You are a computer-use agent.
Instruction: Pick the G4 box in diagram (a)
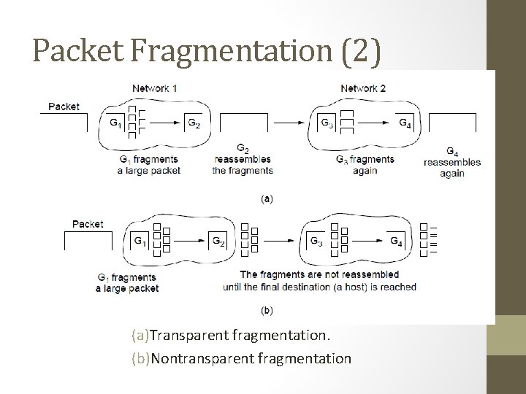tap(405, 123)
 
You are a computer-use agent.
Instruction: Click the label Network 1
tap(154, 88)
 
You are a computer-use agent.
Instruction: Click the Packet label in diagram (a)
tap(64, 107)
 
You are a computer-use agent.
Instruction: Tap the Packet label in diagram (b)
tap(88, 224)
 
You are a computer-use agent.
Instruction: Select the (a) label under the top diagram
tap(267, 198)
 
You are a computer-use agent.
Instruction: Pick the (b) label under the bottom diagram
tap(267, 310)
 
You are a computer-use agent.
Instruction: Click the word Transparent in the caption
tap(188, 336)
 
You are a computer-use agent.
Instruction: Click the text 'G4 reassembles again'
tap(451, 163)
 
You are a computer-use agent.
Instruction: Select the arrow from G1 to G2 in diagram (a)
tap(163, 123)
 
